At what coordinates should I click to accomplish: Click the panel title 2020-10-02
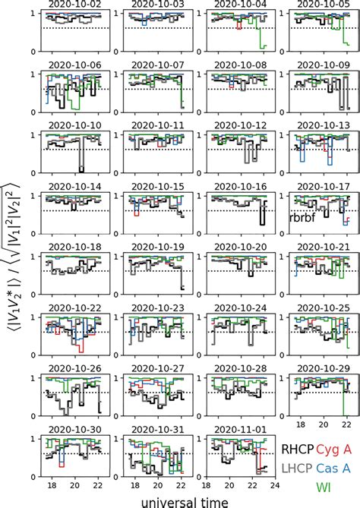point(74,5)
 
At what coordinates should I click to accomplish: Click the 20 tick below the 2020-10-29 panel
point(323,426)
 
